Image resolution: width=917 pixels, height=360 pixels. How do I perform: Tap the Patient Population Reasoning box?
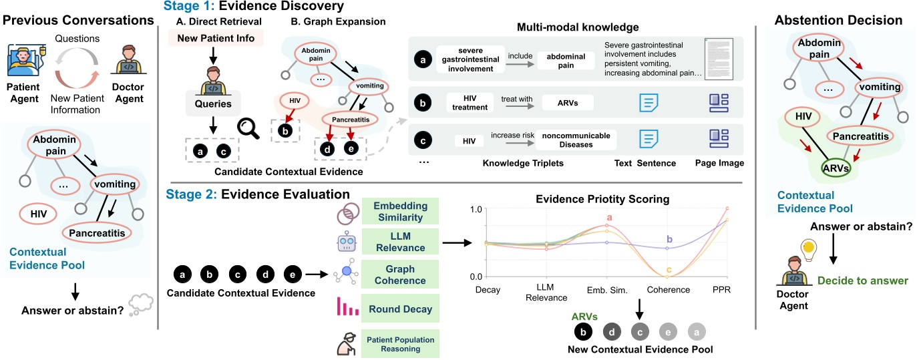tap(401, 344)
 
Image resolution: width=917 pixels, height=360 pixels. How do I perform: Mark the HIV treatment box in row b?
tap(470, 103)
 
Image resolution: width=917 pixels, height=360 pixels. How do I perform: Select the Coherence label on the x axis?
tap(669, 289)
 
